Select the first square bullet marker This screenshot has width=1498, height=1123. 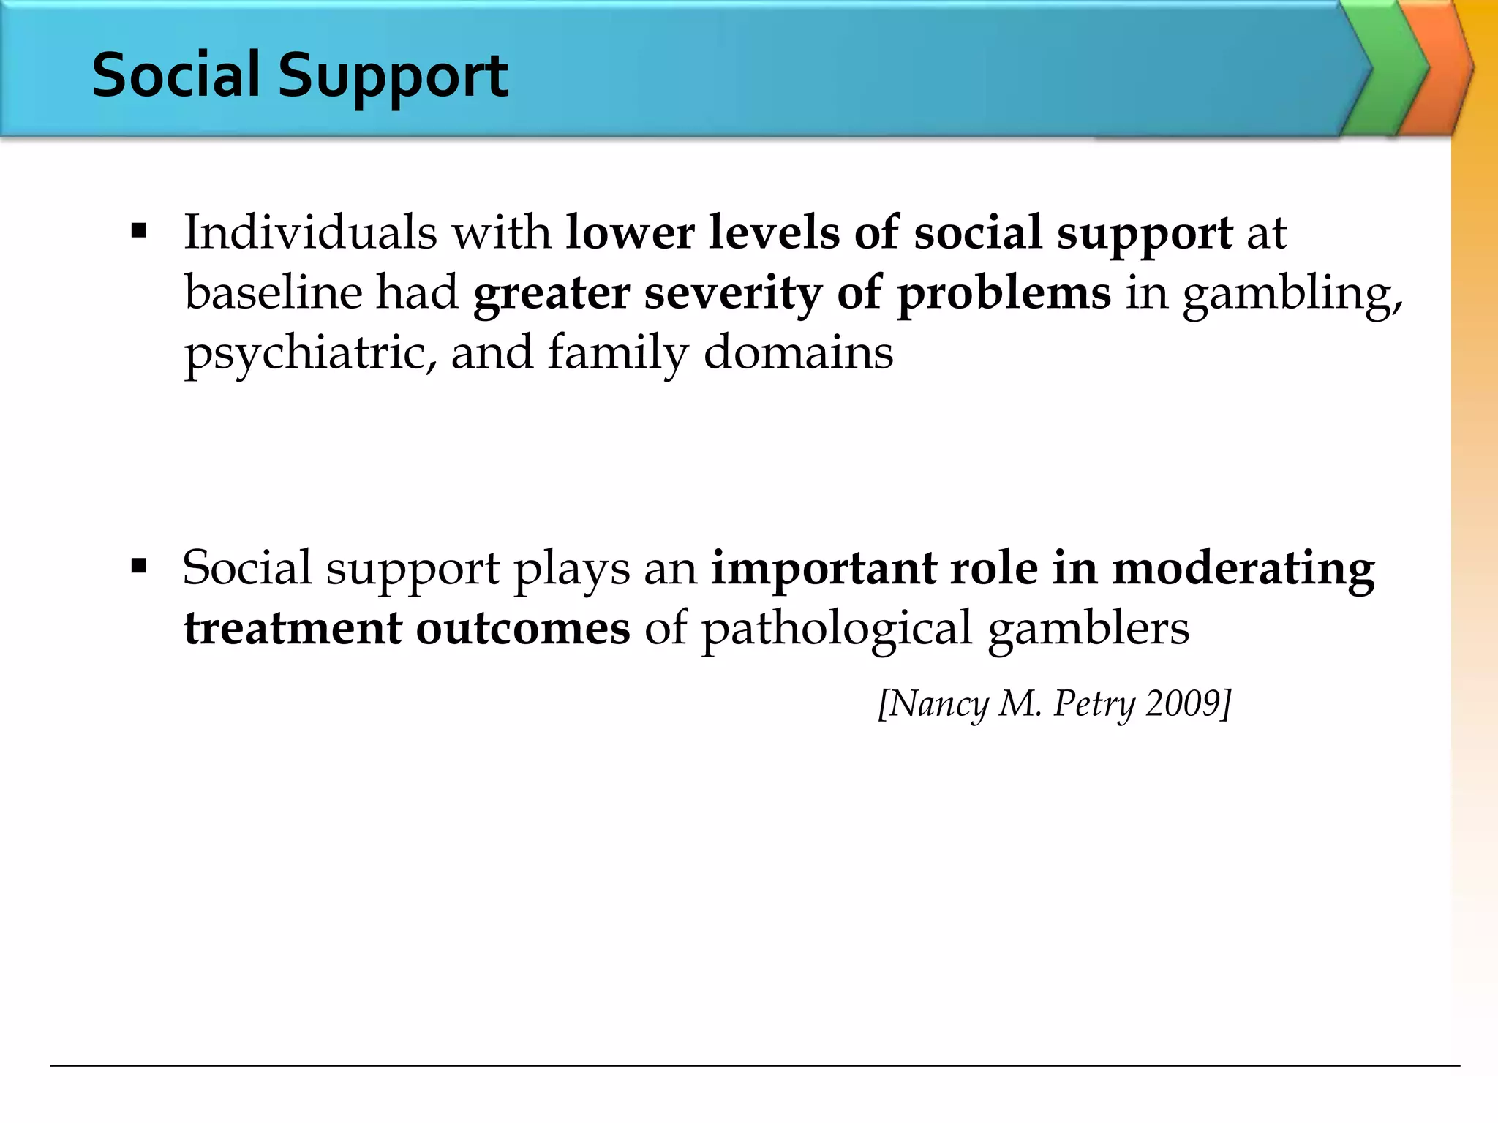click(138, 232)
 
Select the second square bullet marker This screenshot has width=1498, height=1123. click(138, 567)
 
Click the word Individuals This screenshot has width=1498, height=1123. click(310, 232)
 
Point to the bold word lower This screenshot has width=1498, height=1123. click(630, 232)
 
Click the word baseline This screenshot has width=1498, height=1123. click(274, 292)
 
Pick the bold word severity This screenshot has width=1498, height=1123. click(732, 292)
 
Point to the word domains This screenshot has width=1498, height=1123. click(798, 352)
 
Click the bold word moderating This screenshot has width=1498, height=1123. click(1243, 568)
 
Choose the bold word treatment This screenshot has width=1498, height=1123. click(293, 628)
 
